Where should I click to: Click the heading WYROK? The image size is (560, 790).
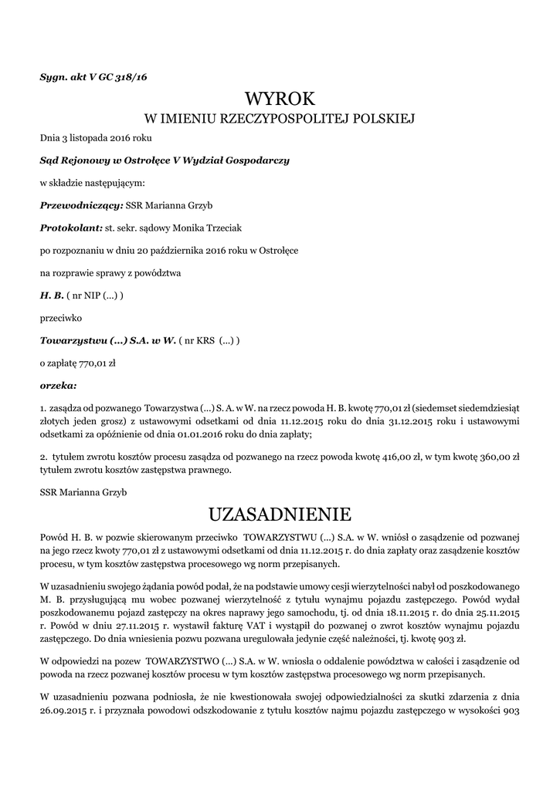280,99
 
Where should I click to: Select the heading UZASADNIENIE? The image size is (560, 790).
280,513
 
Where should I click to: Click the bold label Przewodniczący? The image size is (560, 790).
81,206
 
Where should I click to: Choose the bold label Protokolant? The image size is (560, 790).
71,228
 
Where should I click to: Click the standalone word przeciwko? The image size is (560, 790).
59,317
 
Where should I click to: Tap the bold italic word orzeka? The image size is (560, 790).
58,384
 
